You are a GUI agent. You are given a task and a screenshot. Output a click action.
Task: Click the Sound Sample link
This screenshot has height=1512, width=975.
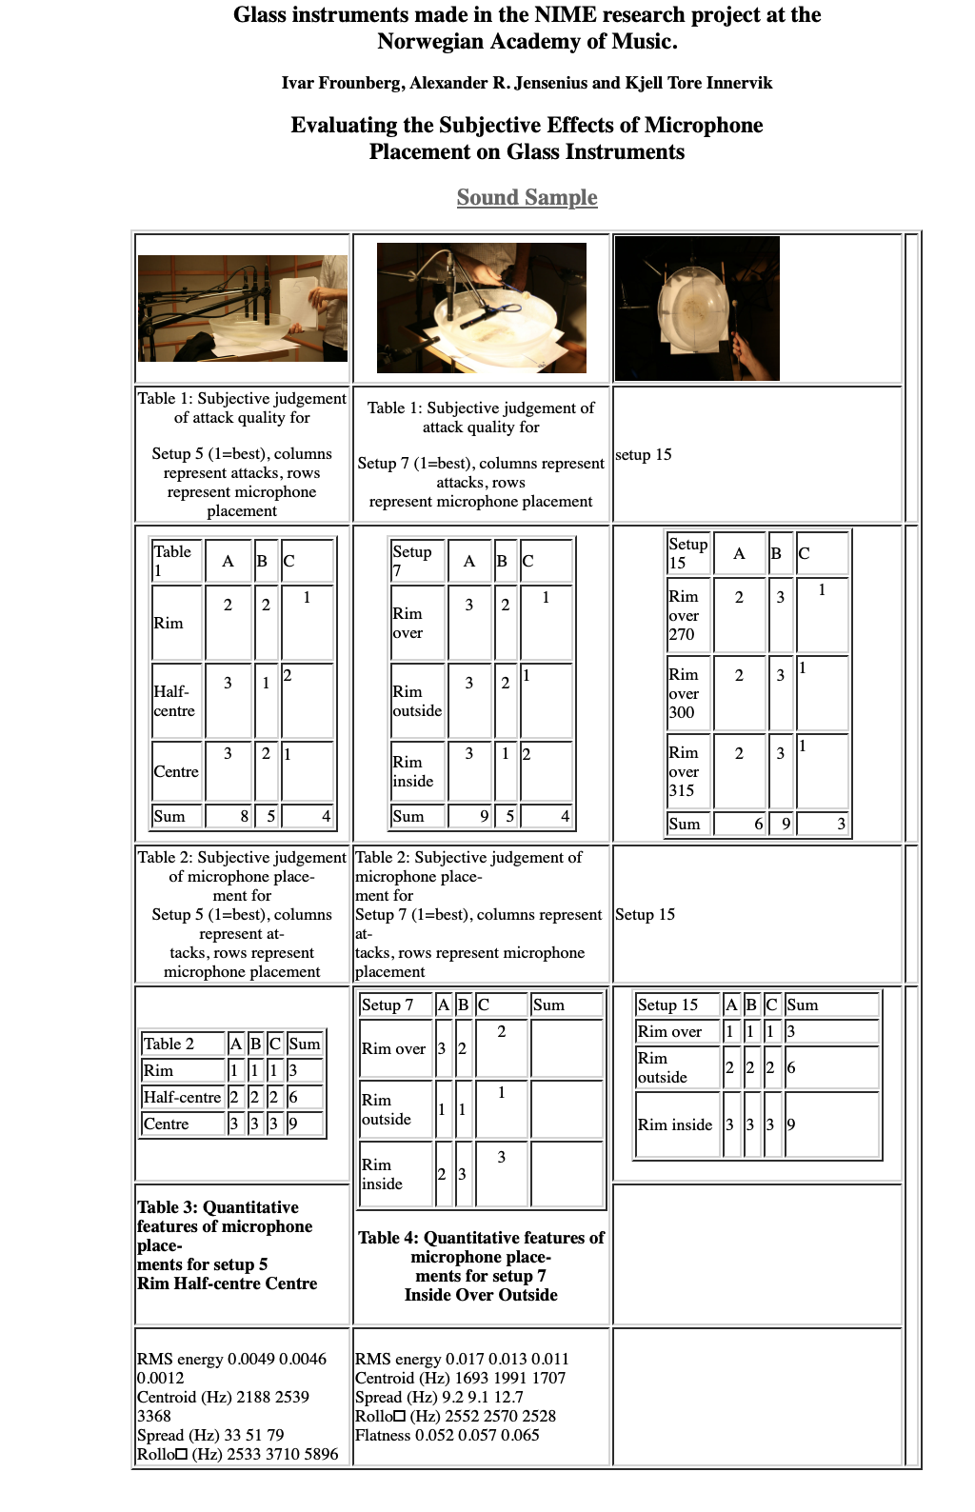tap(527, 197)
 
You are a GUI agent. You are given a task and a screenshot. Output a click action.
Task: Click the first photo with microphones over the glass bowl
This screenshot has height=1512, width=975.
tap(242, 308)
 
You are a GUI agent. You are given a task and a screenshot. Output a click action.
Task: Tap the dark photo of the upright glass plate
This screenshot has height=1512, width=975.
tap(697, 308)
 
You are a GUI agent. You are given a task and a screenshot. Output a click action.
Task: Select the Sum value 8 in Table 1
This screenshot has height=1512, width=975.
tap(244, 816)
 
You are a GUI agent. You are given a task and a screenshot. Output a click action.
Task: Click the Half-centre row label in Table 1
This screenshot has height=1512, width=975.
tap(174, 701)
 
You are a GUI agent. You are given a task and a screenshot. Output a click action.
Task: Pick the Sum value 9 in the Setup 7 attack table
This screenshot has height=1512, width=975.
tap(484, 816)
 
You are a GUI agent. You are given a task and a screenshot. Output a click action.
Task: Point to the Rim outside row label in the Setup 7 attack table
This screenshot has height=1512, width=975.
tap(417, 701)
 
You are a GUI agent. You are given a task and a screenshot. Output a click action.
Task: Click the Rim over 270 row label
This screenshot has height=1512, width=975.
tap(684, 615)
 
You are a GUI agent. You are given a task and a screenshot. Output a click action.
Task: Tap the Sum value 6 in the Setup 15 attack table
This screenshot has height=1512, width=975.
tap(758, 824)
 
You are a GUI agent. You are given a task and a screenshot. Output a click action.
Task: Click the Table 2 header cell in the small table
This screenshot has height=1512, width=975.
tap(169, 1044)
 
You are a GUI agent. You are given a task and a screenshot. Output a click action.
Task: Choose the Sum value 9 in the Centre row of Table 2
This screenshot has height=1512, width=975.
tap(293, 1124)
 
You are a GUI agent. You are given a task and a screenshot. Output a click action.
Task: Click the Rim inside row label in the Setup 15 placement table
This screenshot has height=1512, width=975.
tap(675, 1124)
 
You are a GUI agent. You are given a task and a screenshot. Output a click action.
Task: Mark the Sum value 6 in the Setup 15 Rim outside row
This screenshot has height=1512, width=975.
tap(791, 1067)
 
